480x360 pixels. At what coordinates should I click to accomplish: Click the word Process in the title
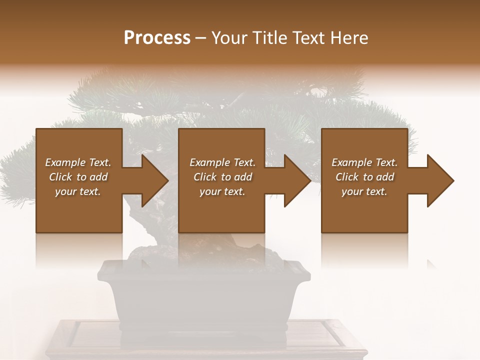157,38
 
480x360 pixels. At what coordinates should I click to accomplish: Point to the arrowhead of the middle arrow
297,180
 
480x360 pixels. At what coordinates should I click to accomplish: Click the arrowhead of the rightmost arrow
440,180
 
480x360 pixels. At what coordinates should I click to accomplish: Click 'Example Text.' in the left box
78,162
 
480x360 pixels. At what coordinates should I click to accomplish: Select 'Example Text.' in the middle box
222,162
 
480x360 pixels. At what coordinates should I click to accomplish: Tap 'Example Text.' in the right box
364,162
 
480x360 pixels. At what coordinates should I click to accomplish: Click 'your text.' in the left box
78,191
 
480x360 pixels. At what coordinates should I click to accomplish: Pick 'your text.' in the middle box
222,191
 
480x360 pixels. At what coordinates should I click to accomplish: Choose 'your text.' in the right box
364,191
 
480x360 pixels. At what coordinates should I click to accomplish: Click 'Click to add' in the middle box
222,177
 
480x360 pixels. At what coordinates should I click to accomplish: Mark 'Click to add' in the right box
364,177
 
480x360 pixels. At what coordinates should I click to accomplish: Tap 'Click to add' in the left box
78,177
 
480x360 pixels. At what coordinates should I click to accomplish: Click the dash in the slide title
201,38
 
